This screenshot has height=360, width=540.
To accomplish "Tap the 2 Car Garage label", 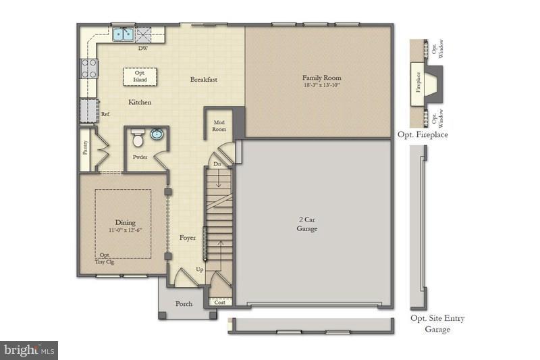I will (x=307, y=224).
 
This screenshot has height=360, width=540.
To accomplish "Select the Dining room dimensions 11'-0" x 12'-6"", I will (x=126, y=230).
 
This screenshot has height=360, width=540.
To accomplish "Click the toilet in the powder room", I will (x=138, y=139).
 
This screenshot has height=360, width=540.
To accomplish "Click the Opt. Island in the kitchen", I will (x=140, y=76).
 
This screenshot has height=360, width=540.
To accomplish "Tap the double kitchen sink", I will (x=122, y=34).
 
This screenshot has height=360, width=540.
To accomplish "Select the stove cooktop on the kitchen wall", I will (x=88, y=68).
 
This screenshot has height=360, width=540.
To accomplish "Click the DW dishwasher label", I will (x=143, y=49).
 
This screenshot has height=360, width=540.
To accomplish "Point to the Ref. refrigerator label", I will (x=105, y=115).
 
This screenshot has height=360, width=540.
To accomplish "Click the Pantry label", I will (x=86, y=147).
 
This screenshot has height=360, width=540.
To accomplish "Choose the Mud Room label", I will (x=219, y=126).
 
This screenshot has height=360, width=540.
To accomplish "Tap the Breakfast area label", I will (x=203, y=80).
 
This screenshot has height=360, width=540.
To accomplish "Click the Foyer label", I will (x=187, y=238).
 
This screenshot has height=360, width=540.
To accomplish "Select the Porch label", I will (x=184, y=304).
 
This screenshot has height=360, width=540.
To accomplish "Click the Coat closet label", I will (x=219, y=303).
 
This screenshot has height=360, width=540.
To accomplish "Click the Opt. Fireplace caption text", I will (x=423, y=134).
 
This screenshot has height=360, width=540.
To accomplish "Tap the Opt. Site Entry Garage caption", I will (x=437, y=324).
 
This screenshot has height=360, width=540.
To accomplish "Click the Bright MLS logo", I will (x=29, y=350).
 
